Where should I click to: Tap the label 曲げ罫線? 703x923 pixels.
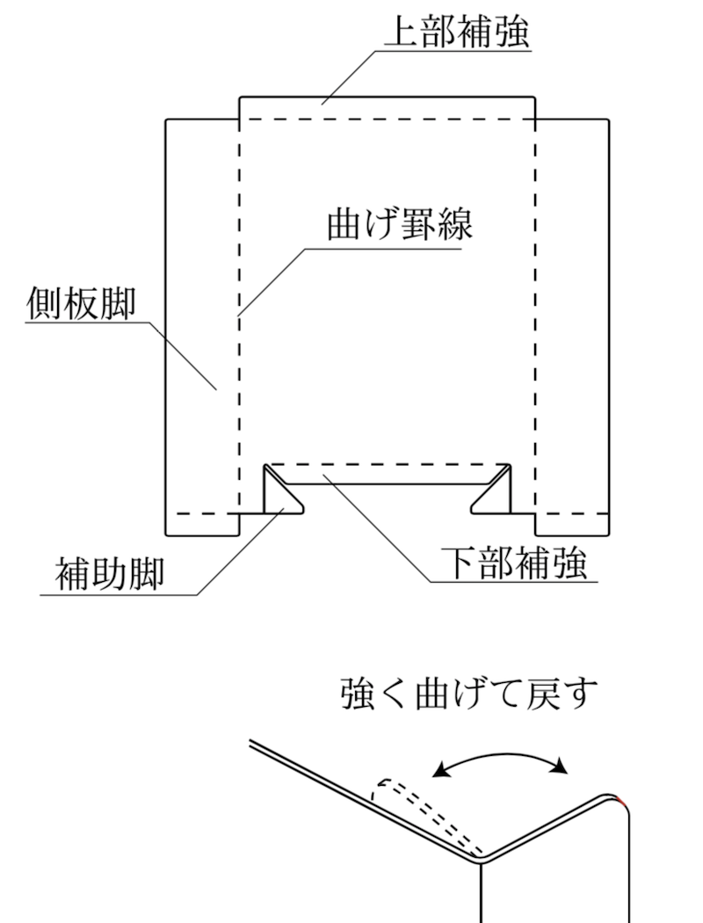400,224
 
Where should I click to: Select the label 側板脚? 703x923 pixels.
81,303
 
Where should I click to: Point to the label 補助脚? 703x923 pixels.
109,574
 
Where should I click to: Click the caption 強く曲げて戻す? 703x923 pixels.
469,694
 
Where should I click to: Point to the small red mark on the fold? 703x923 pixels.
621,800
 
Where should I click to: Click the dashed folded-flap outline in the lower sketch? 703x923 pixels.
424,814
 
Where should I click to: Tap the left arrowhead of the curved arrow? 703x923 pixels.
440,769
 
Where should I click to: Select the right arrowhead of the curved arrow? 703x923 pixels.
560,766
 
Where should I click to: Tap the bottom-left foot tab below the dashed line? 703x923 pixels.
203,525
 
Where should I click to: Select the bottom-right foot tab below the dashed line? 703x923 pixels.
572,525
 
